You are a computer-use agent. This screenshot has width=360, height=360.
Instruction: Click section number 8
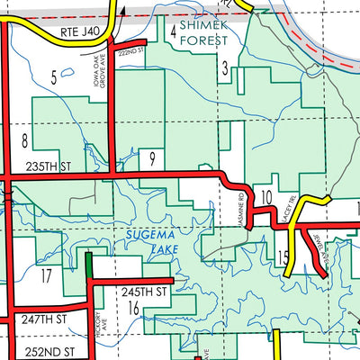point(24,139)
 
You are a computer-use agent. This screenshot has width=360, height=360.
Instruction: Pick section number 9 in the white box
point(153,160)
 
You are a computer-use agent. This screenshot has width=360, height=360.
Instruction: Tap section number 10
point(265,197)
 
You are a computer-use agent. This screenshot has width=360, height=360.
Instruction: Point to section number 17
point(46,276)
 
